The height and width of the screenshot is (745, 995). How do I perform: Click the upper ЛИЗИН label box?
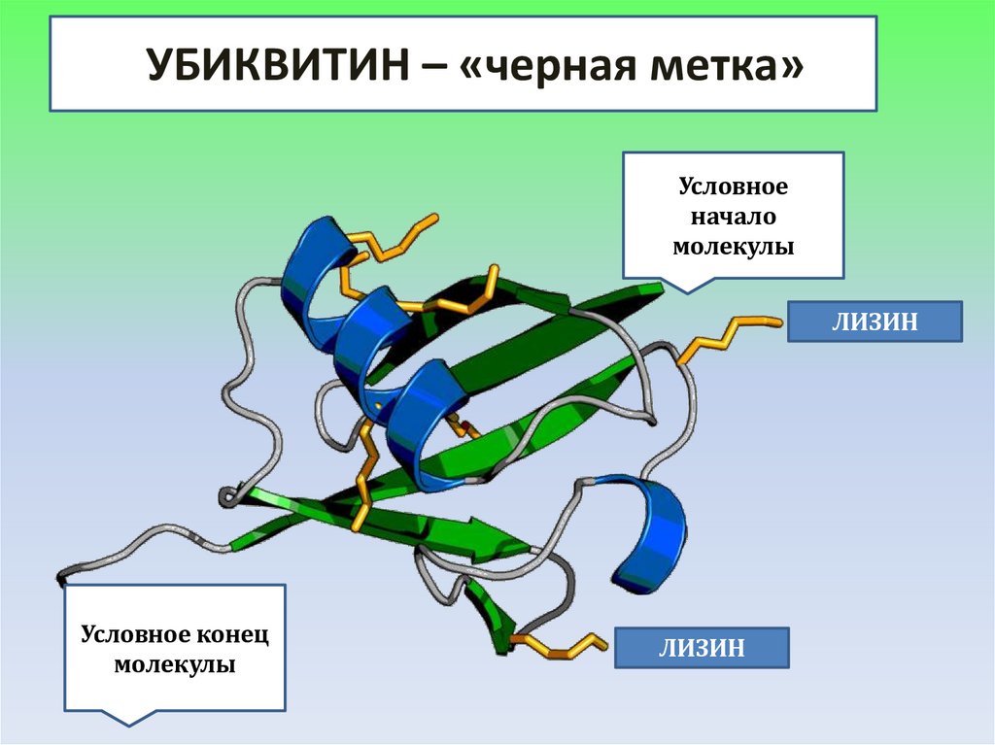coord(874,322)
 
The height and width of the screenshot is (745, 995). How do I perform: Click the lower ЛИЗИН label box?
coord(702,647)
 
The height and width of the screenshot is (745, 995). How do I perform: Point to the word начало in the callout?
coord(734,216)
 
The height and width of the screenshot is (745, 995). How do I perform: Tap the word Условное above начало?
coord(733,185)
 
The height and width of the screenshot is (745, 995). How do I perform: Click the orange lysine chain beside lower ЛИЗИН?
coord(564,645)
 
